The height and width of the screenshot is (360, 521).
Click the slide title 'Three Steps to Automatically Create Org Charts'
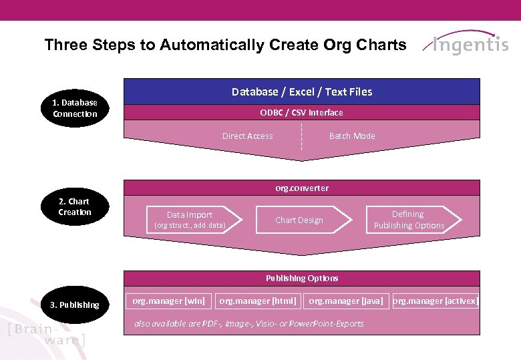click(x=225, y=45)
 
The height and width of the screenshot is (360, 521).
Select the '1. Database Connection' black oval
click(x=75, y=108)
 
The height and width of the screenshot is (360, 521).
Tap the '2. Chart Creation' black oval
click(x=75, y=206)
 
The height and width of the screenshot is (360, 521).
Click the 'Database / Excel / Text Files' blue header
click(x=302, y=92)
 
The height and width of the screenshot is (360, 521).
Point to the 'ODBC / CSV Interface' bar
click(x=302, y=112)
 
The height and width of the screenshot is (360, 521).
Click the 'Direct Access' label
click(x=247, y=136)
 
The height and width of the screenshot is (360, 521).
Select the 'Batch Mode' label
click(x=352, y=136)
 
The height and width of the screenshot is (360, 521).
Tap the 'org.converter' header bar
click(x=302, y=188)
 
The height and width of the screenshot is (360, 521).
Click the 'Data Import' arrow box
click(x=190, y=220)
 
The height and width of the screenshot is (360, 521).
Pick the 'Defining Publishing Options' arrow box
click(x=411, y=220)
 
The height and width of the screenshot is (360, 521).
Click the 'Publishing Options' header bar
click(x=302, y=278)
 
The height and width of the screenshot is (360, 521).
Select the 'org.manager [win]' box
click(x=168, y=301)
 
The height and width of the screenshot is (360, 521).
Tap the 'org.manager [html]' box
click(x=258, y=301)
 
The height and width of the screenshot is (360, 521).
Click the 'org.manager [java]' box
click(x=346, y=301)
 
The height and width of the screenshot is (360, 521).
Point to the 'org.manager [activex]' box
click(x=436, y=301)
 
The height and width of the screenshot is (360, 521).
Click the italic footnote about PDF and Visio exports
click(x=249, y=323)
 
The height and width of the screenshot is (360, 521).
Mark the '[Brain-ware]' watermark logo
click(x=47, y=334)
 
